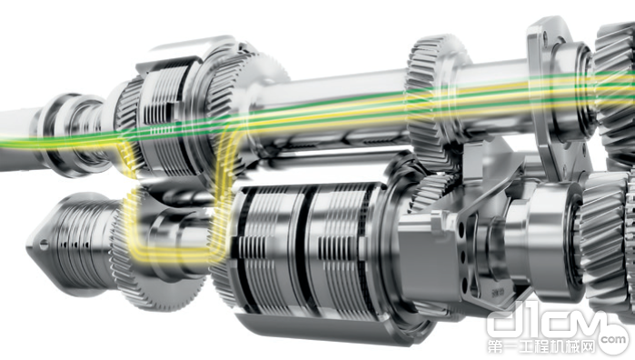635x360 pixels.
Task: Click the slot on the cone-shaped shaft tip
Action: click(44, 244)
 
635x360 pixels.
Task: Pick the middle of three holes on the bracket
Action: click(464, 255)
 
